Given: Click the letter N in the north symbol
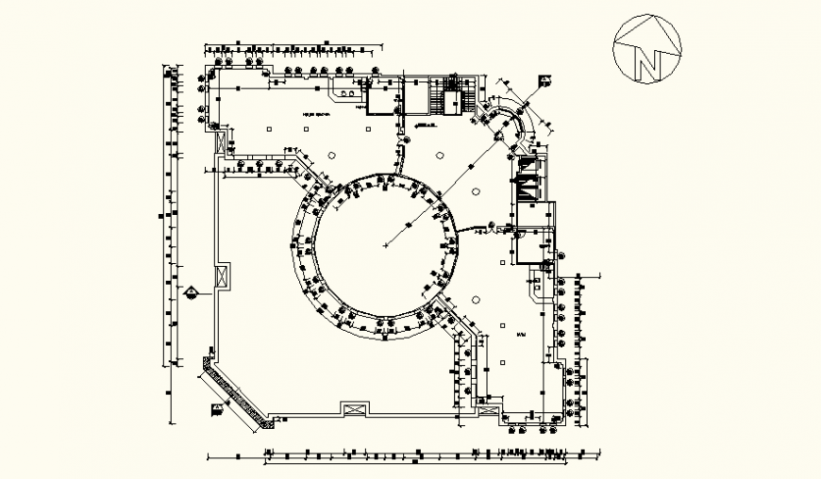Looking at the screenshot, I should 647,62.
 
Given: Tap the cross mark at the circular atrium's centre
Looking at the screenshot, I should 386,245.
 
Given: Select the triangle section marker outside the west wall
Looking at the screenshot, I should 193,291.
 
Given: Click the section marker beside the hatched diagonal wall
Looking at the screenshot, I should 218,408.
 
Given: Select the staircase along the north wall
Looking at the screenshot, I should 449,97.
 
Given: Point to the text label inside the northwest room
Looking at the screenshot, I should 316,112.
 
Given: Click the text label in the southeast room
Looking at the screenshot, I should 520,335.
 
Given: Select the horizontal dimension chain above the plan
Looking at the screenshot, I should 294,44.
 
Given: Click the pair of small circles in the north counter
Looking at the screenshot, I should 350,94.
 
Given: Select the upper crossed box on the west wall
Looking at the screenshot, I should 222,142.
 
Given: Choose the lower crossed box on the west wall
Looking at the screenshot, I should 222,278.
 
